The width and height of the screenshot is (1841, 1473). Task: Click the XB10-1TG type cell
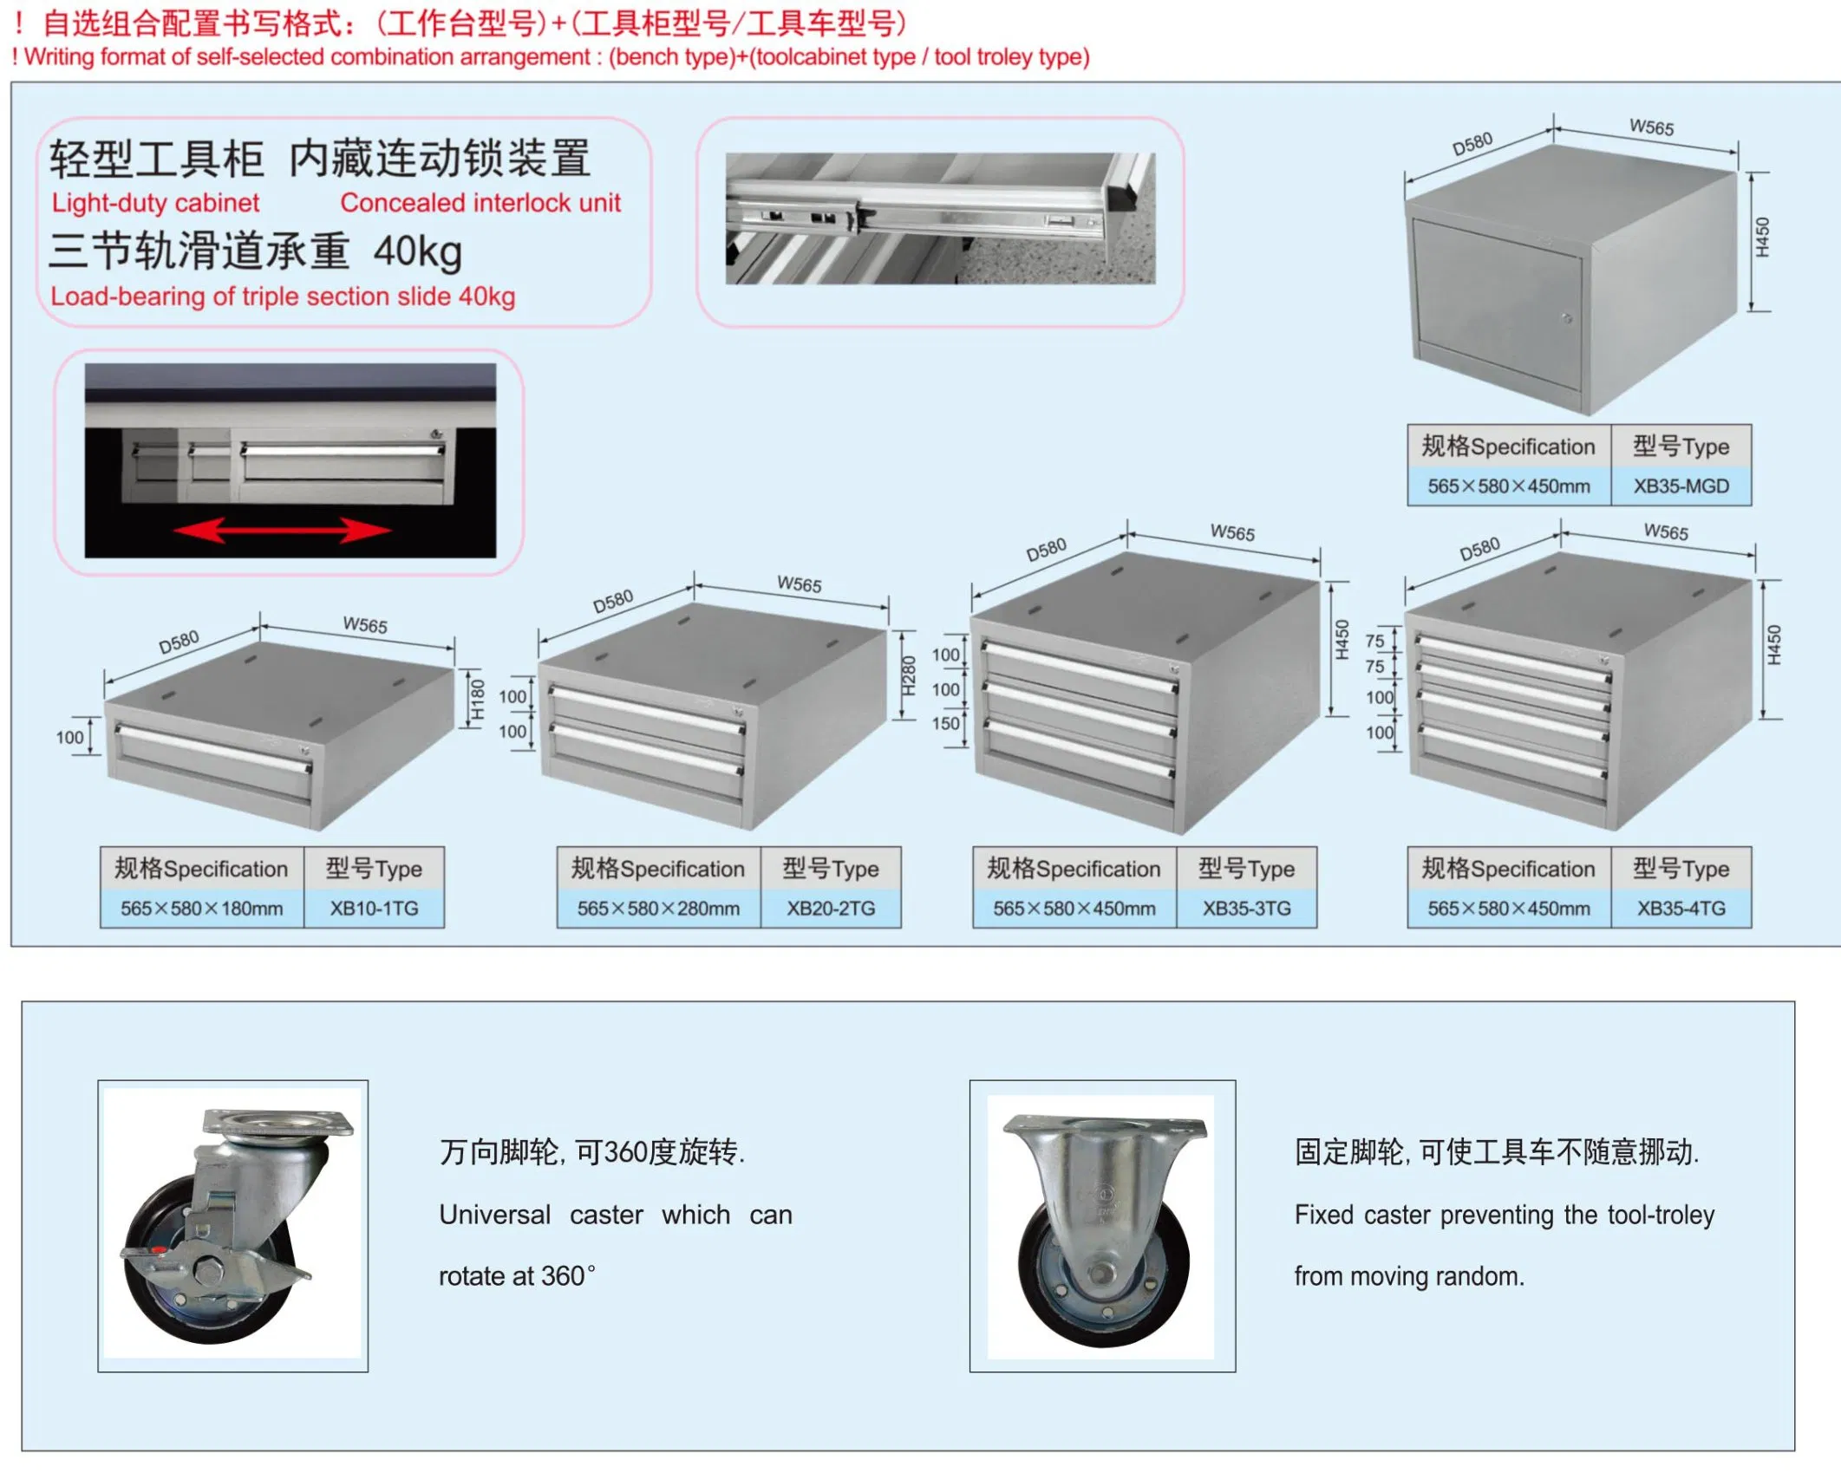point(374,909)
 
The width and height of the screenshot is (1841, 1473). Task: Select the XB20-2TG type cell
point(831,909)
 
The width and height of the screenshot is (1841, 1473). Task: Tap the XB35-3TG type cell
point(1246,909)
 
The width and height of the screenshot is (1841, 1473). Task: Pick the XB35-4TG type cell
point(1681,909)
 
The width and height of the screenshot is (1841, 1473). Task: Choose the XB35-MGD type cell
point(1681,486)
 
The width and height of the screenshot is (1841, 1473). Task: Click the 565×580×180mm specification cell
point(202,909)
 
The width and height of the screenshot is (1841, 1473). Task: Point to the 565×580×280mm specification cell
point(659,909)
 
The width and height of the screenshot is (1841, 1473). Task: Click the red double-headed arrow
point(282,530)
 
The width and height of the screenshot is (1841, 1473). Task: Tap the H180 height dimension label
point(477,700)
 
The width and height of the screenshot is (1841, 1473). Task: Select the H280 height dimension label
point(908,676)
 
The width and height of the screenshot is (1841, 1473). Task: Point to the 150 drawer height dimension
point(946,723)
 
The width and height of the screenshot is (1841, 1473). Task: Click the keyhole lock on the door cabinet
point(1567,319)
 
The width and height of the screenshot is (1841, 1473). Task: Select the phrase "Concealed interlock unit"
point(480,203)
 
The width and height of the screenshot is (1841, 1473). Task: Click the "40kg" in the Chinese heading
point(418,252)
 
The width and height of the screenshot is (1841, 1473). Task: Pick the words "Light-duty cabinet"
point(155,203)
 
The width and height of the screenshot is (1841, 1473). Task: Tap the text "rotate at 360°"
point(517,1276)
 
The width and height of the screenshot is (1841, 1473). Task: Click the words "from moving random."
point(1409,1276)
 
